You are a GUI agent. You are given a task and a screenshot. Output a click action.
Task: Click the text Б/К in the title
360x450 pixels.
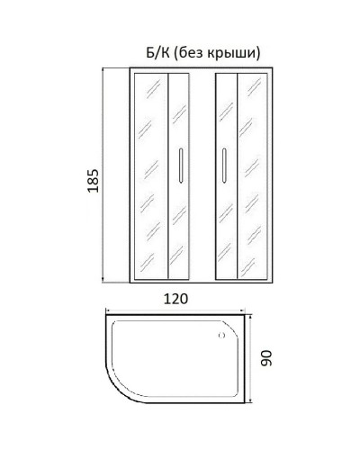click(136, 51)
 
